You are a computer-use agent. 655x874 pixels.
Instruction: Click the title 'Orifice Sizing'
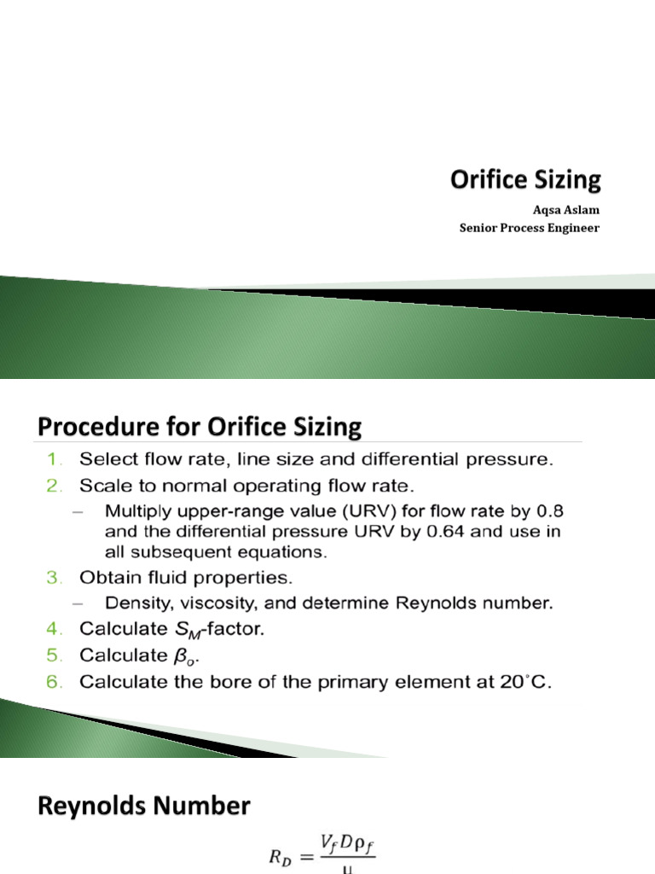pyautogui.click(x=525, y=180)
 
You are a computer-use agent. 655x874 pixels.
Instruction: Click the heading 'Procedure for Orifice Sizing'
pyautogui.click(x=200, y=426)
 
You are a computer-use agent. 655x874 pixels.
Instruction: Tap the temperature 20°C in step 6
pyautogui.click(x=528, y=684)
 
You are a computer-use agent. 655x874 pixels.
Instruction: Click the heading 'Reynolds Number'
pyautogui.click(x=144, y=806)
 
